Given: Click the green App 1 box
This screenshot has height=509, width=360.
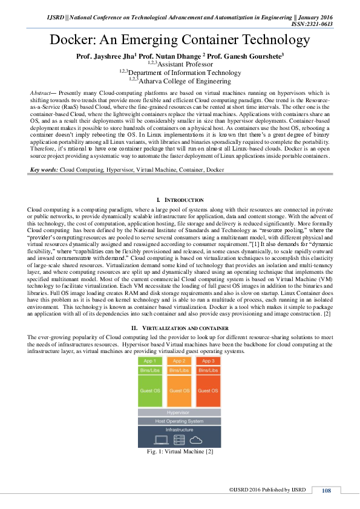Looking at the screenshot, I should (x=151, y=361).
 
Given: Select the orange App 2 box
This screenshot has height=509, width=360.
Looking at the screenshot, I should (x=179, y=361).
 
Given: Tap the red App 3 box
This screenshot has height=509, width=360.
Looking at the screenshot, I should (x=208, y=361).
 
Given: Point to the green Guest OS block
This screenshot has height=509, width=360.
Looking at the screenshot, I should (x=151, y=390).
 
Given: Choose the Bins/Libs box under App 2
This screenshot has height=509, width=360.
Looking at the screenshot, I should (x=179, y=369).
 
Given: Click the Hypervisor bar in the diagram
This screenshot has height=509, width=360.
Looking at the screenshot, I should (x=179, y=412).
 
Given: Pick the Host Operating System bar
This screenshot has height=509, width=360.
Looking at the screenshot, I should (x=179, y=421).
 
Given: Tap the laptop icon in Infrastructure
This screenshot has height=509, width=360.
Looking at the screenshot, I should (x=162, y=439).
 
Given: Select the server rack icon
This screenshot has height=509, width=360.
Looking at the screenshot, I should (x=179, y=439).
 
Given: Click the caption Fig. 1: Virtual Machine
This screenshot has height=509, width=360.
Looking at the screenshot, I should (x=180, y=452).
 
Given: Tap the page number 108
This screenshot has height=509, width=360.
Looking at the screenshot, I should (x=326, y=490).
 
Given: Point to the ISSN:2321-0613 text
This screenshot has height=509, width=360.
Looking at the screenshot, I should (x=312, y=24).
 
